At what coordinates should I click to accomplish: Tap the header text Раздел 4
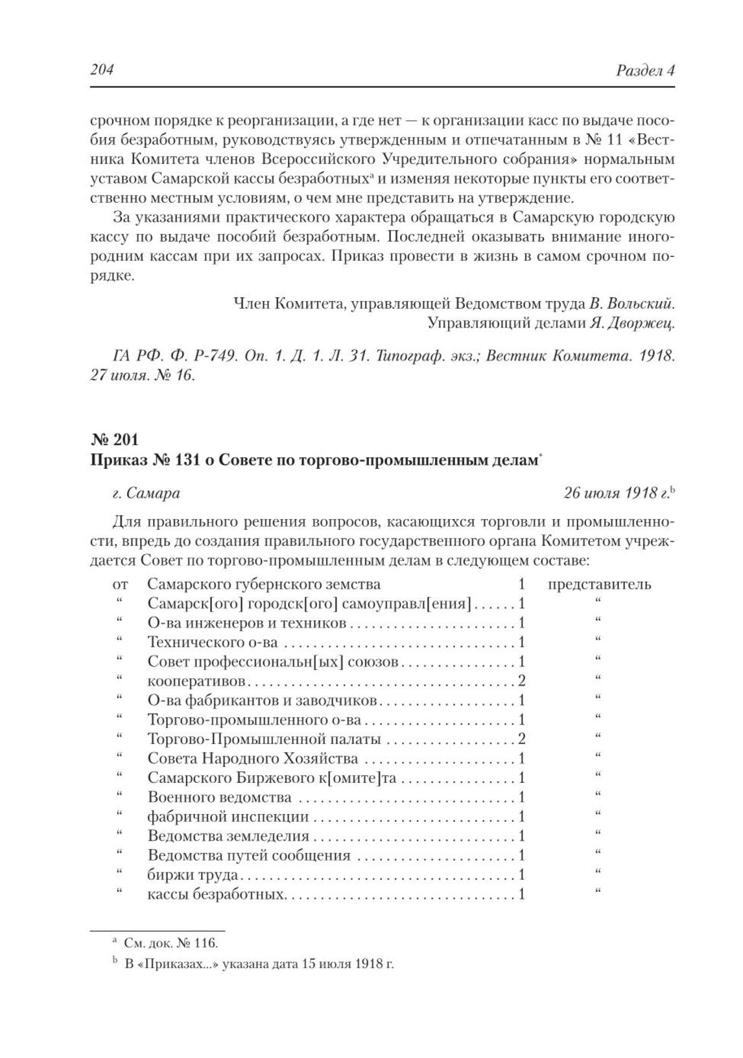(x=645, y=70)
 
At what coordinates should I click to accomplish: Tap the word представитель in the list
(x=600, y=584)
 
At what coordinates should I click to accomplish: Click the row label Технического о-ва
(x=213, y=642)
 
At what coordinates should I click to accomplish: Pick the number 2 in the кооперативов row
(x=521, y=681)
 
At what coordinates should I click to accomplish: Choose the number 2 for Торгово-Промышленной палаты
(x=521, y=739)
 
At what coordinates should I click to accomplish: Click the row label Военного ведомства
(x=220, y=797)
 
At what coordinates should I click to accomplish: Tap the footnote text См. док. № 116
(x=171, y=943)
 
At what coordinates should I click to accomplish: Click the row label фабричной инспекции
(x=228, y=817)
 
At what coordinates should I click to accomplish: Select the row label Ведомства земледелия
(x=228, y=836)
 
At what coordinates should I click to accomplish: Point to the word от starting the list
(x=120, y=584)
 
